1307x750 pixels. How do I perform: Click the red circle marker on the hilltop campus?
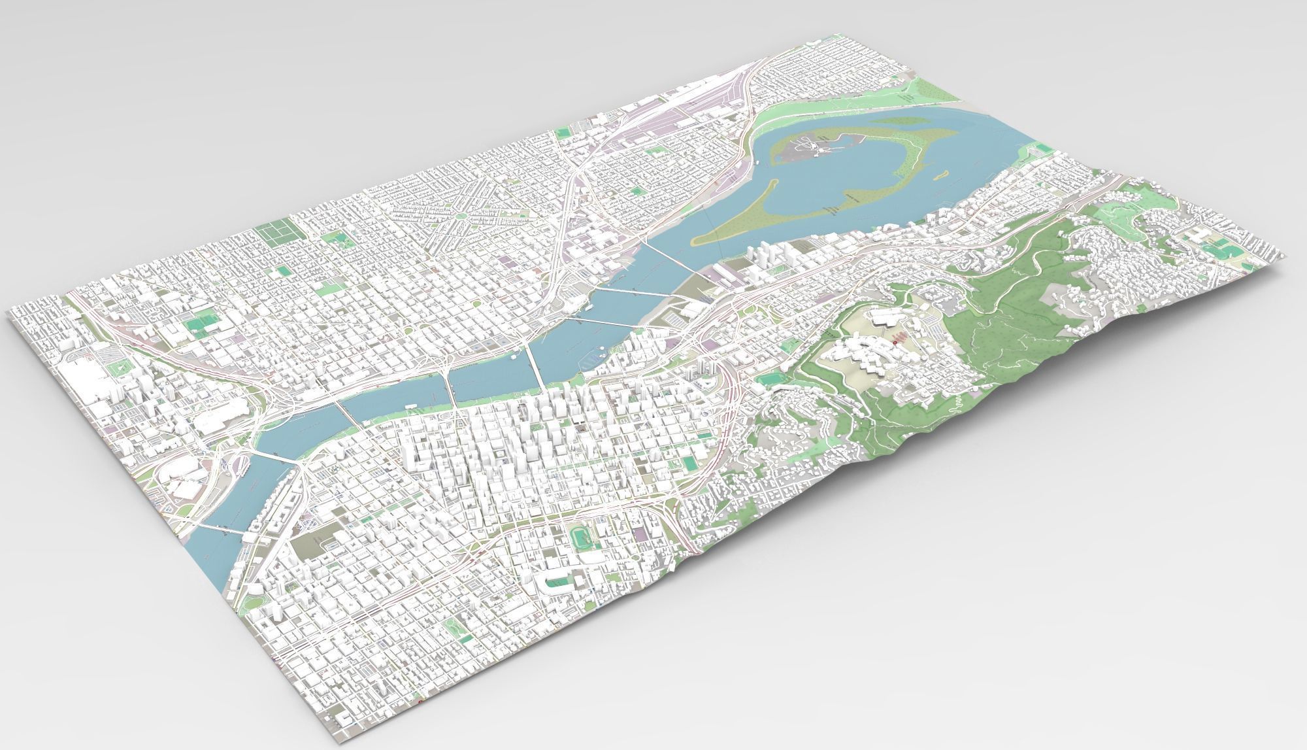tap(893, 341)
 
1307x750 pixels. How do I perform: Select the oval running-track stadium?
tap(580, 519)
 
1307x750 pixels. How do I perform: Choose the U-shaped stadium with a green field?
tap(552, 575)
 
